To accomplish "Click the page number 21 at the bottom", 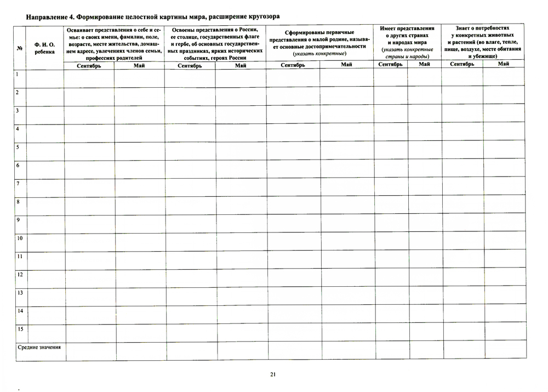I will coord(272,374).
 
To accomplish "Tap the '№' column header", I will coord(20,48).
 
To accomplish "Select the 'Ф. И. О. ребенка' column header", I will coord(44,48).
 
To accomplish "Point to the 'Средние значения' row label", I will coord(39,348).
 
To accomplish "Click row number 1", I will coord(18,74).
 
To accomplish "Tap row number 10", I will coord(19,238).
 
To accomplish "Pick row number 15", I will coord(19,329).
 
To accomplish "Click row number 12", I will coord(19,274).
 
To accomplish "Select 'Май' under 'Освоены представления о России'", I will coord(240,65).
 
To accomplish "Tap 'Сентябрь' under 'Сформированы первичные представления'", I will coord(293,65).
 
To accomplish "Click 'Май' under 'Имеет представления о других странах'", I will coord(424,64).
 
